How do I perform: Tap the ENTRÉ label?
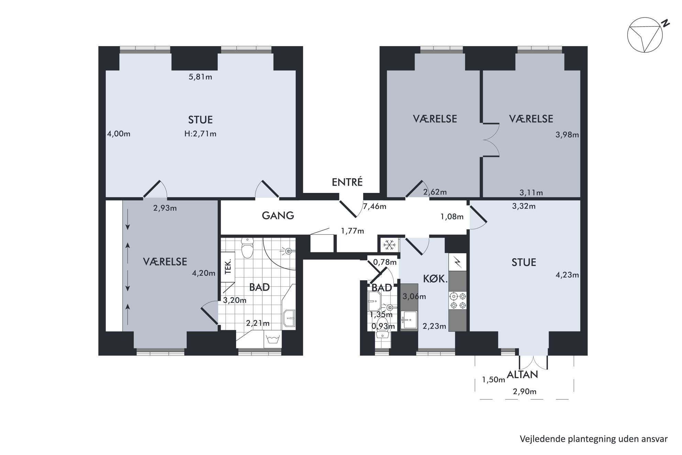pyautogui.click(x=347, y=182)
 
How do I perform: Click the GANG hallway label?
pyautogui.click(x=278, y=216)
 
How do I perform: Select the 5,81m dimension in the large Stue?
pyautogui.click(x=200, y=77)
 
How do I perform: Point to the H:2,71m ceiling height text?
pyautogui.click(x=200, y=134)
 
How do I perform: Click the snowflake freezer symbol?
pyautogui.click(x=389, y=245)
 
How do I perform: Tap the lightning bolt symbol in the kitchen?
pyautogui.click(x=458, y=262)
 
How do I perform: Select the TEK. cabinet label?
pyautogui.click(x=228, y=267)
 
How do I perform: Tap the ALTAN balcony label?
pyautogui.click(x=523, y=375)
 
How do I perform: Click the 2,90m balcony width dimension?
pyautogui.click(x=525, y=391)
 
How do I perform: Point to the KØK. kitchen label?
pyautogui.click(x=435, y=279)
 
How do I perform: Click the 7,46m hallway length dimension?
pyautogui.click(x=375, y=207)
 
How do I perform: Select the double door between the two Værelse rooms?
pyautogui.click(x=491, y=140)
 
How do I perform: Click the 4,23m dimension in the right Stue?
pyautogui.click(x=567, y=275)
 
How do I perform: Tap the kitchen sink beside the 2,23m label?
pyautogui.click(x=409, y=319)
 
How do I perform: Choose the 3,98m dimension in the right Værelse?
pyautogui.click(x=567, y=135)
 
